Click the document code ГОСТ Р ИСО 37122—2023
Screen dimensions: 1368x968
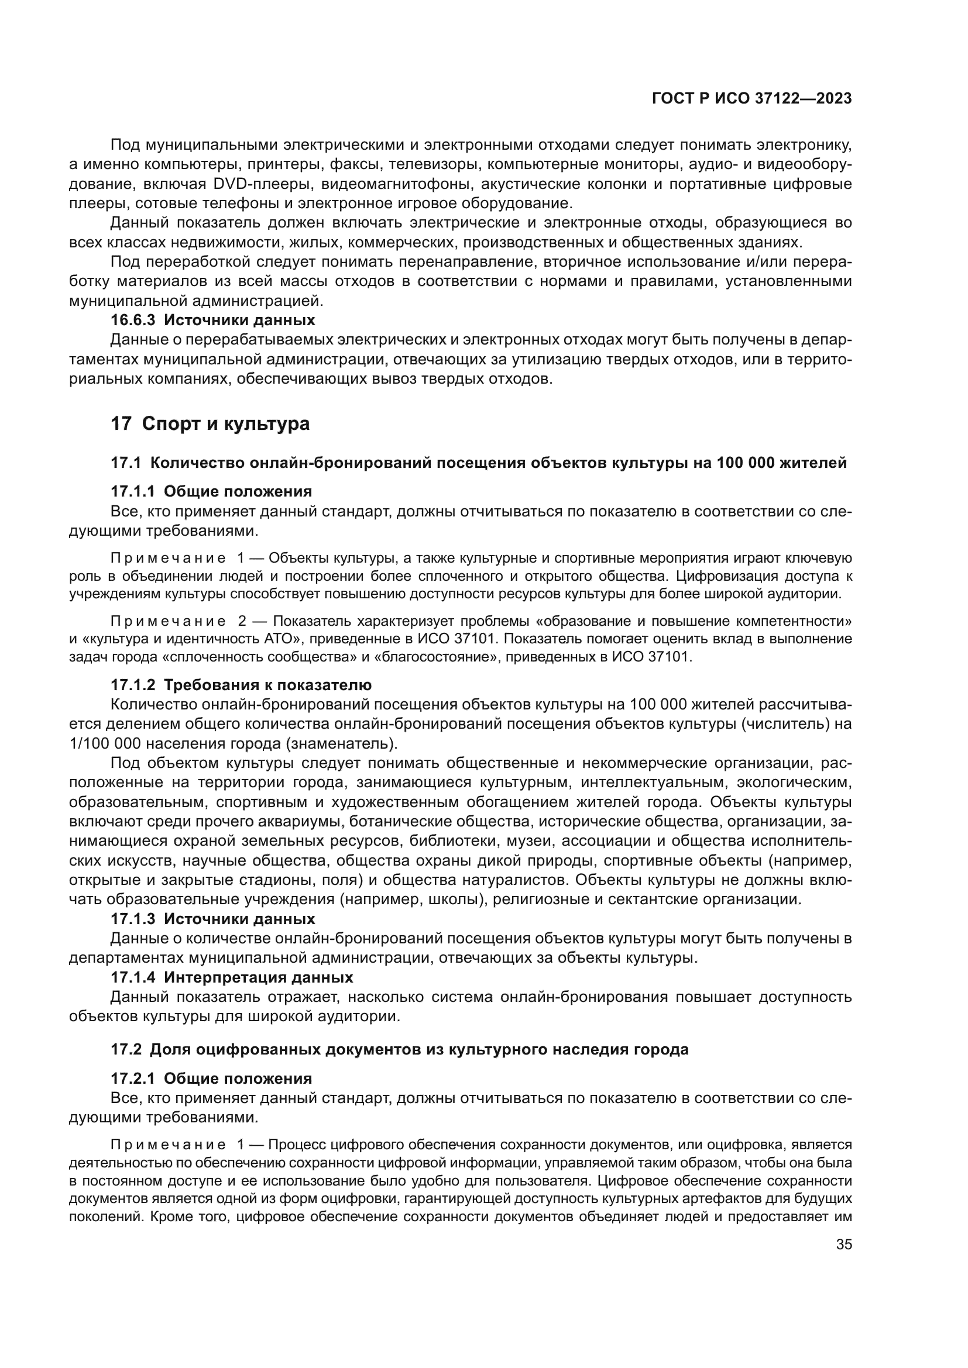751,99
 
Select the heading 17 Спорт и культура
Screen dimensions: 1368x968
210,423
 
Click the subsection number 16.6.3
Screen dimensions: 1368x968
132,320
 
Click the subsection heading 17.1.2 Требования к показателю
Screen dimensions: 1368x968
241,685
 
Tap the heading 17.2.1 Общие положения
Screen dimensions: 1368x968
211,1078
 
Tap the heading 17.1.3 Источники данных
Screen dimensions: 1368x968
213,919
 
